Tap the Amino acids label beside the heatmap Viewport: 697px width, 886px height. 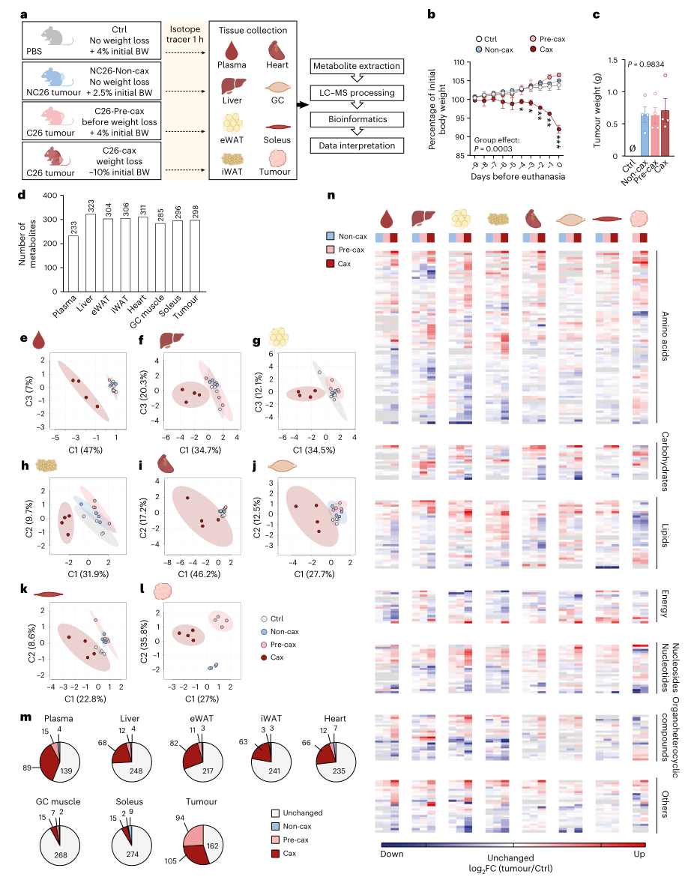(666, 337)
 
